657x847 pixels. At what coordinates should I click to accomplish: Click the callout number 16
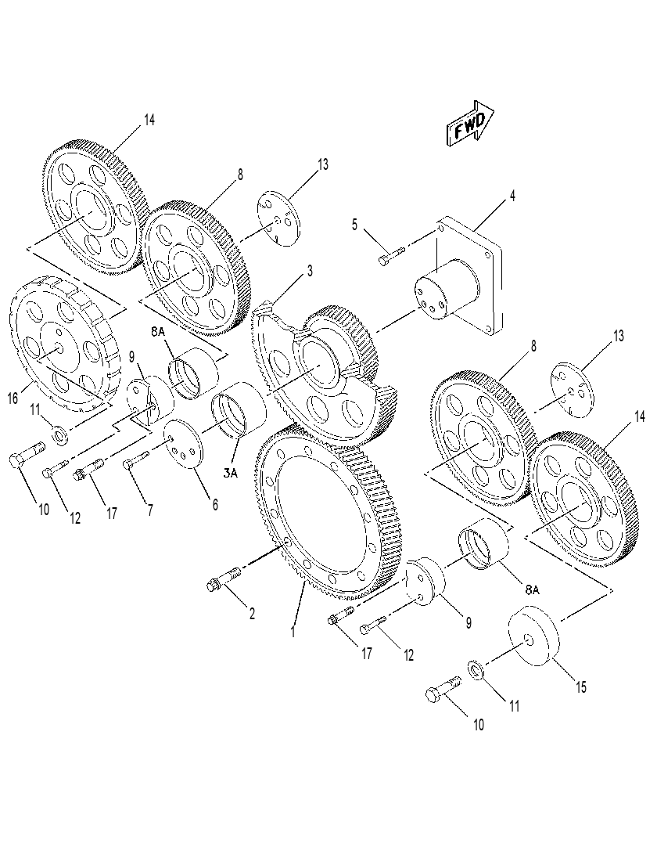click(x=13, y=398)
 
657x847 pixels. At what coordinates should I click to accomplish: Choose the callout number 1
click(x=293, y=632)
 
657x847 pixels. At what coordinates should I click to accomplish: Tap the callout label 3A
click(x=231, y=473)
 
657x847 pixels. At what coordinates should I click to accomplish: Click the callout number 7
click(x=149, y=509)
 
